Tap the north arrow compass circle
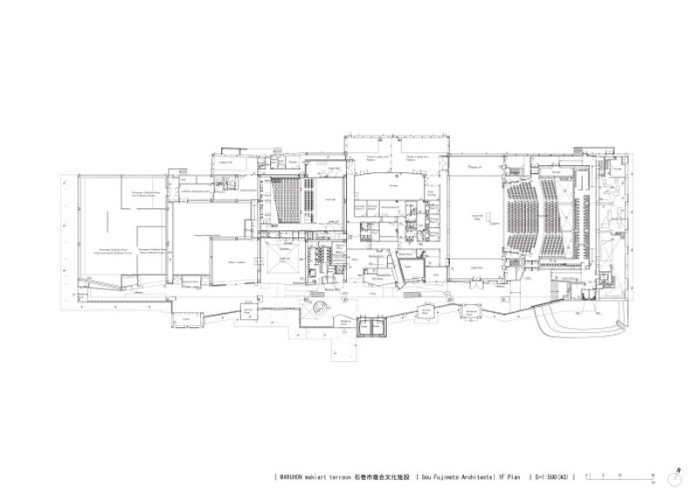tap(678, 477)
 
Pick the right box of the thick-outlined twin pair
tap(381, 328)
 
